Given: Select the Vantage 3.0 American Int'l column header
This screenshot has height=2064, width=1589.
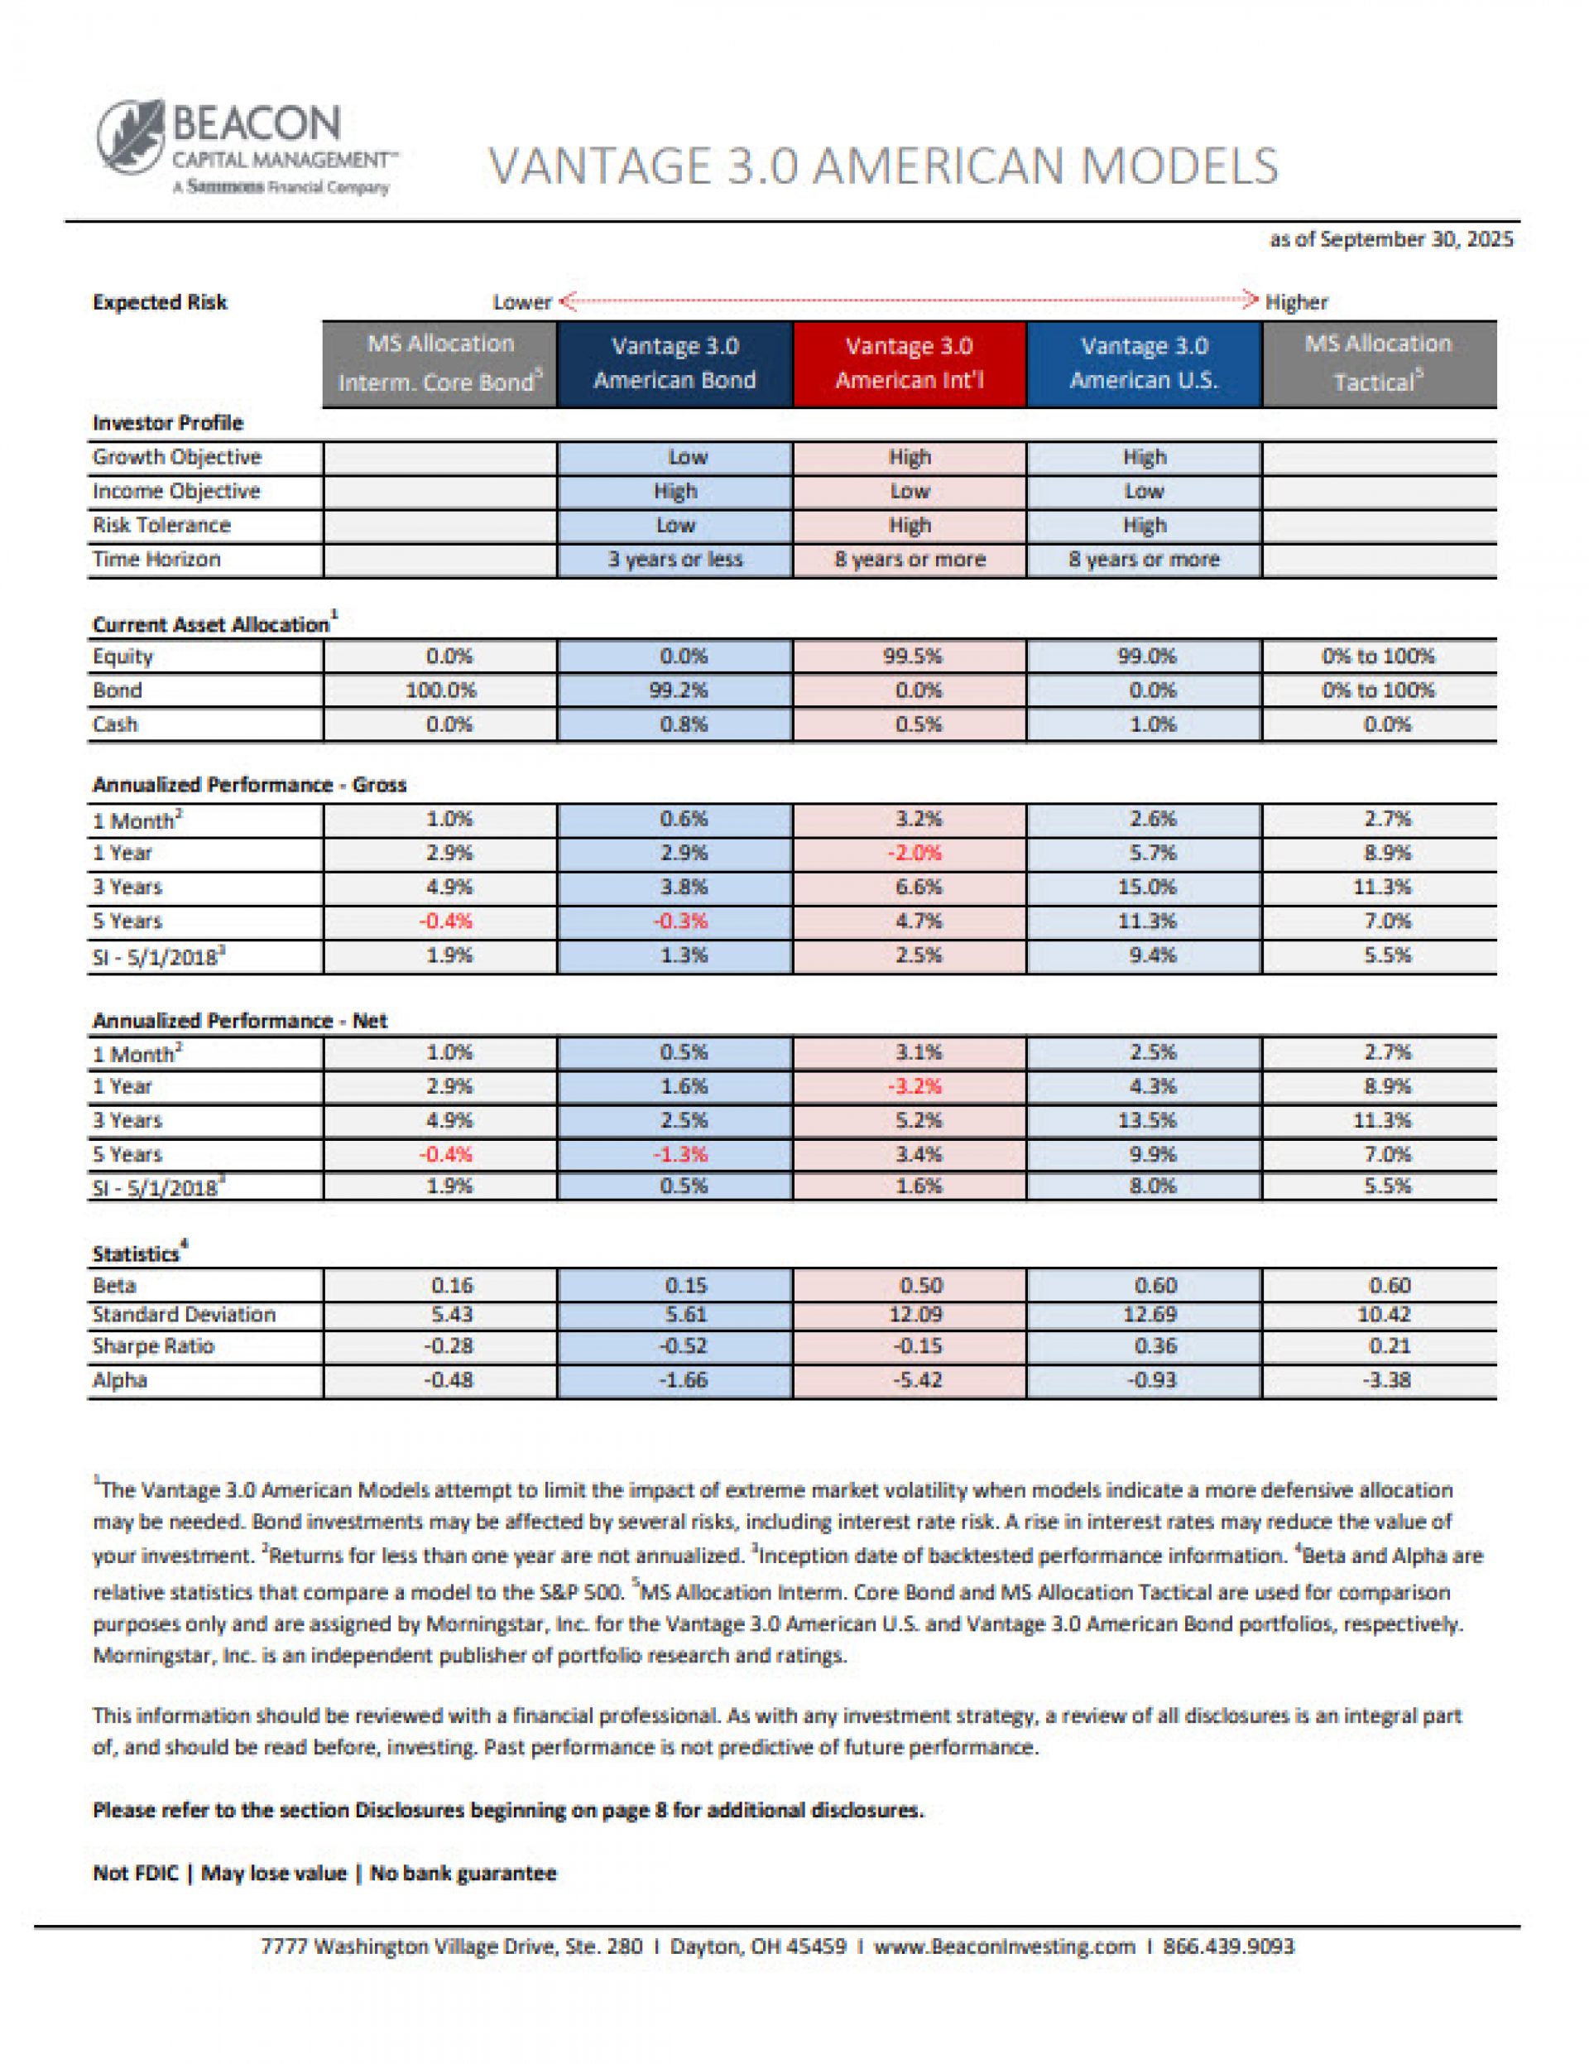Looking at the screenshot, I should [x=909, y=363].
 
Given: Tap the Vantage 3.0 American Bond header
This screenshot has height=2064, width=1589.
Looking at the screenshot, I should [x=674, y=363].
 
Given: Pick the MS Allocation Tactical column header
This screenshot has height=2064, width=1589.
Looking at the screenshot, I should [x=1378, y=363].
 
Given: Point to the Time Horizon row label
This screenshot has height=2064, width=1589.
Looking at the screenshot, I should [x=156, y=560].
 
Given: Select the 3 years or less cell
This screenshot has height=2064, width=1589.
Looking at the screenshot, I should [x=674, y=560].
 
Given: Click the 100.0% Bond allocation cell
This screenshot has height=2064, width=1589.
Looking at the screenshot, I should [x=440, y=690].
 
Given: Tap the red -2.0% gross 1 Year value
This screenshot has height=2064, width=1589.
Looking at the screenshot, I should [x=914, y=853].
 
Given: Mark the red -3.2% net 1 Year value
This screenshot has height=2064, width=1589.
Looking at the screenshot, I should [x=914, y=1086].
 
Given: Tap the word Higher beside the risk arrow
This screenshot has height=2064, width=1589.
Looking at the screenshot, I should [x=1296, y=302].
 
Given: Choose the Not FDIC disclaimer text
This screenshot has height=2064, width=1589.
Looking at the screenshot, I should [x=135, y=1872].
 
